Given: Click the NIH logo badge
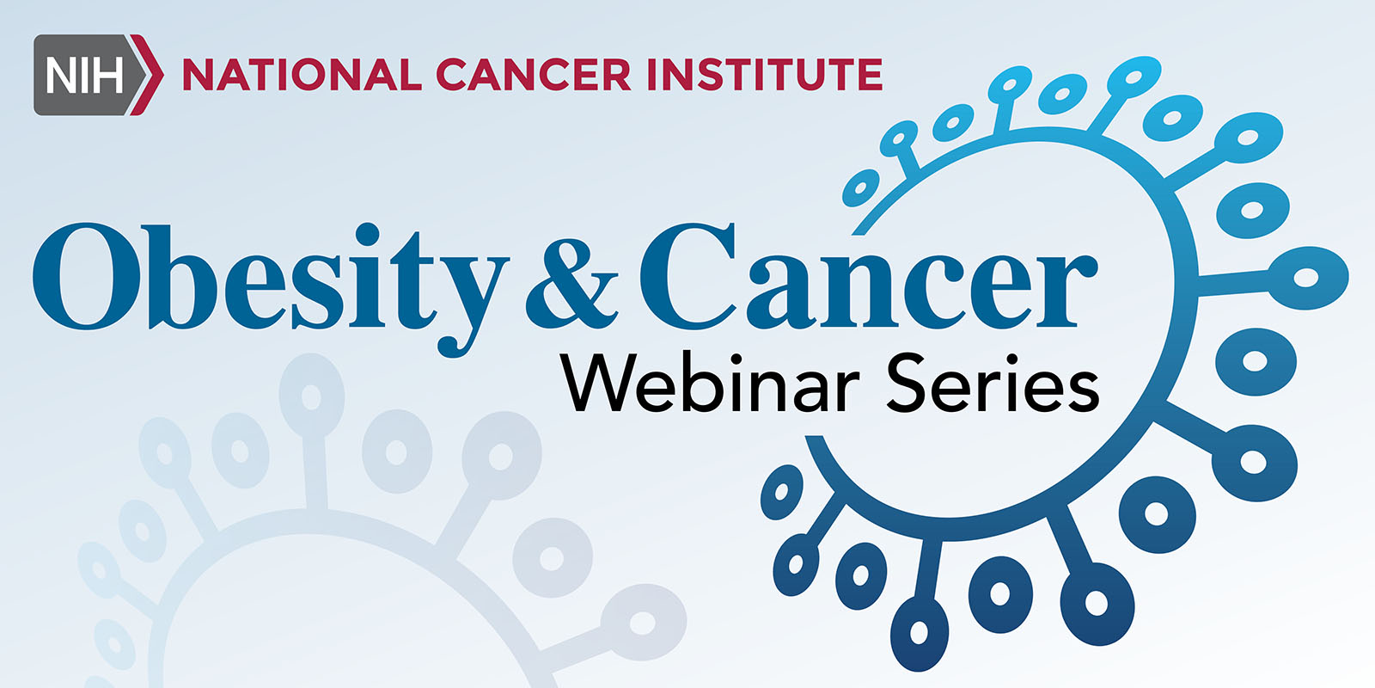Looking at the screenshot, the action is pos(98,75).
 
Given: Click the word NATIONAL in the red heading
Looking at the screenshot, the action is pos(302,75).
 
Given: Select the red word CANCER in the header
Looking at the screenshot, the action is pos(534,75).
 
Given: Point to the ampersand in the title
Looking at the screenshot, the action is pos(571,284).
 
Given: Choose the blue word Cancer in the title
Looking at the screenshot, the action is pos(868,276).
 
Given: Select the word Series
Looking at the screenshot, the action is pos(993,382).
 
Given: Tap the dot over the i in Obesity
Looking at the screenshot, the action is pos(367,234).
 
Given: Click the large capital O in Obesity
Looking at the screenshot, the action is pos(87,276).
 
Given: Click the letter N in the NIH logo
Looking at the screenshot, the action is pos(61,76).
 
